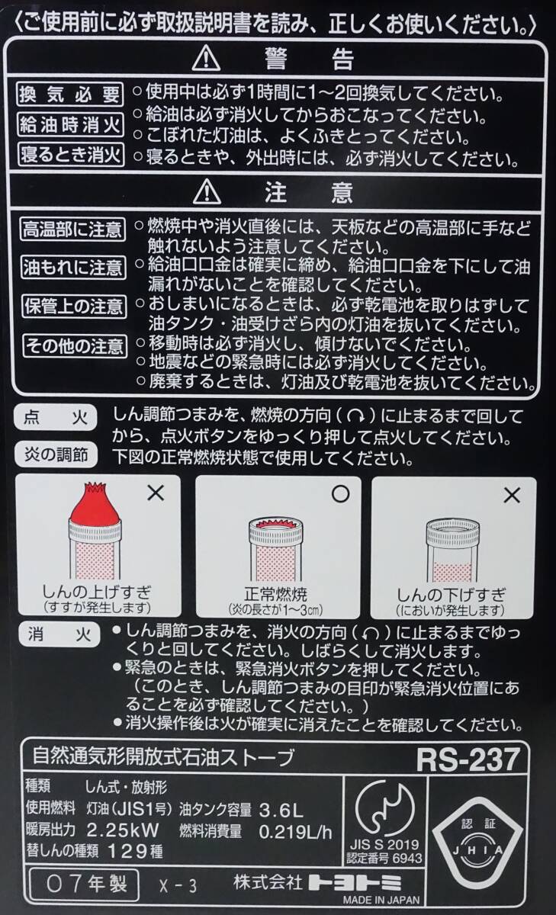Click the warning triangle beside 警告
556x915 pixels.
(x=206, y=59)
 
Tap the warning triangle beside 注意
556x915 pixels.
(x=207, y=191)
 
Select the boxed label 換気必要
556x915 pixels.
(x=70, y=95)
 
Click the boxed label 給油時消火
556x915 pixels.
(x=71, y=124)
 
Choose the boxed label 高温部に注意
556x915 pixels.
(x=72, y=230)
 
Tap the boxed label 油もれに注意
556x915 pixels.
(x=73, y=268)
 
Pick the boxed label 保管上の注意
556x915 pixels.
(x=74, y=307)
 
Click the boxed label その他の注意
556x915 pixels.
(x=75, y=346)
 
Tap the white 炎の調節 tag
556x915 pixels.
(x=56, y=454)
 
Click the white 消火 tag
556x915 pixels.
(x=59, y=635)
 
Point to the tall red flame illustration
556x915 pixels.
(x=95, y=504)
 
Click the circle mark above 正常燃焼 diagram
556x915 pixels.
(x=340, y=494)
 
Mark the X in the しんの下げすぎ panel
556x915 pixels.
(x=512, y=496)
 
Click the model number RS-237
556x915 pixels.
(x=468, y=759)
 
